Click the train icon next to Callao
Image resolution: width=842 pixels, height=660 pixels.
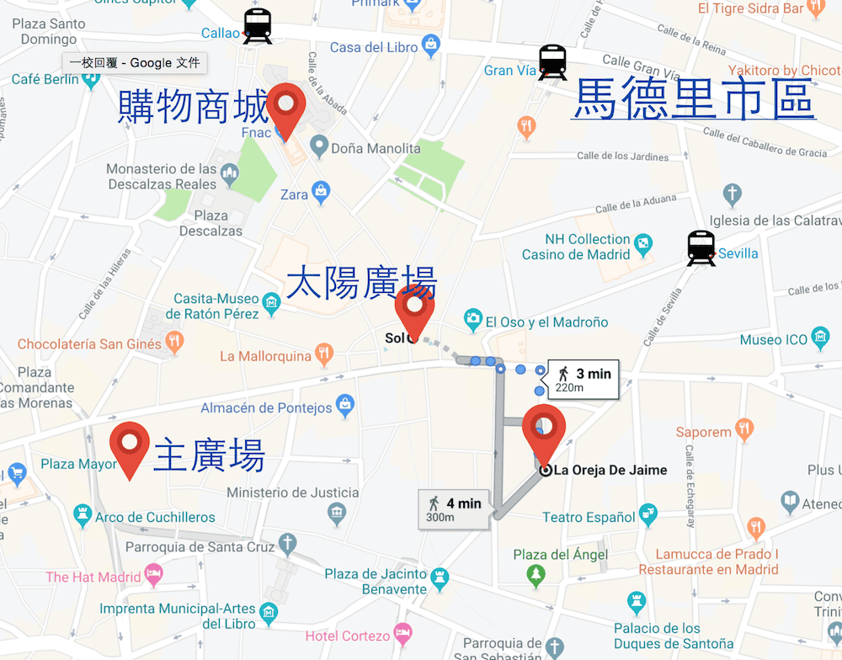click(x=257, y=26)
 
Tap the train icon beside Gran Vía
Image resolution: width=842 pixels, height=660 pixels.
click(x=552, y=62)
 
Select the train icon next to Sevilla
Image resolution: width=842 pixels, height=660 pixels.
click(x=701, y=248)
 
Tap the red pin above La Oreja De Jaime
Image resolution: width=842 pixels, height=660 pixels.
click(x=544, y=431)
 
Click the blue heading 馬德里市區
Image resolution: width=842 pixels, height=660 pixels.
click(x=693, y=99)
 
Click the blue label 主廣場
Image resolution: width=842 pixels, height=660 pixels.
click(x=209, y=455)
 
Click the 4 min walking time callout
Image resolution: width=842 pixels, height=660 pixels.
click(x=453, y=508)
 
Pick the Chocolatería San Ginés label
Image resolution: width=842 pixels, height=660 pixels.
click(x=89, y=343)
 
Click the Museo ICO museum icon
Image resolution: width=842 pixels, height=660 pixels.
click(x=819, y=339)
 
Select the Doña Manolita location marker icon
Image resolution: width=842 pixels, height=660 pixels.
click(x=318, y=147)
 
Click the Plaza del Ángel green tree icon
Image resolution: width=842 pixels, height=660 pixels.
click(x=536, y=576)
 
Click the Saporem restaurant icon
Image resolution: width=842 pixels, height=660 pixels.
click(x=744, y=430)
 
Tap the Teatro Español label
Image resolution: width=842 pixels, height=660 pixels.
click(x=589, y=517)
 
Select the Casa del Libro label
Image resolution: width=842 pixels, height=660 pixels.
click(x=374, y=47)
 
